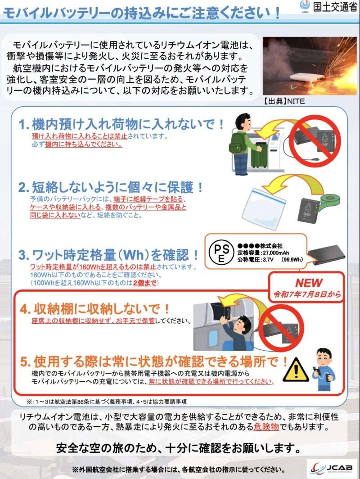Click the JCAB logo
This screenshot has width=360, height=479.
(x=331, y=467)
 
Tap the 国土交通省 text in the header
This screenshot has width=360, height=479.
(x=335, y=6)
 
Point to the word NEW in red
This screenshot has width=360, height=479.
(x=309, y=283)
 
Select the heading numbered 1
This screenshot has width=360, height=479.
(x=121, y=124)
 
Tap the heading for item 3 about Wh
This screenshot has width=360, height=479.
(x=108, y=254)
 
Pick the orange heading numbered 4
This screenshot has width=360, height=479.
(x=94, y=309)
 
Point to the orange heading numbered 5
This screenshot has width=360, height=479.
(x=154, y=362)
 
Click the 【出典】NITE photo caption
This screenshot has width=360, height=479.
(x=284, y=101)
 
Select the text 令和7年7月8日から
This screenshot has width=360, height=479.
(x=307, y=294)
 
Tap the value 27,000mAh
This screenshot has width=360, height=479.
(x=275, y=253)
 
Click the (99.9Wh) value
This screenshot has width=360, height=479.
(x=292, y=260)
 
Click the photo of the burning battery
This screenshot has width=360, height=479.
(x=310, y=66)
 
